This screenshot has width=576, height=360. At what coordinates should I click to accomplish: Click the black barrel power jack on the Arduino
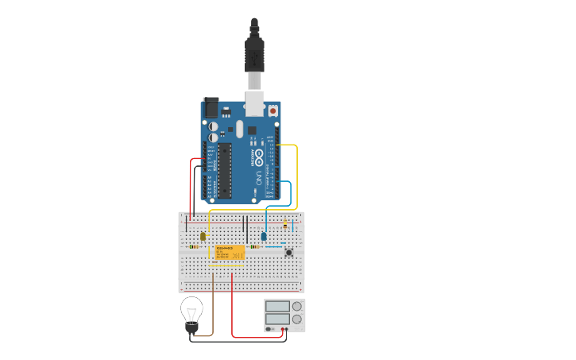[x=211, y=106]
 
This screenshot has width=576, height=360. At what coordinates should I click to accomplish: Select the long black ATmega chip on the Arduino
[x=224, y=170]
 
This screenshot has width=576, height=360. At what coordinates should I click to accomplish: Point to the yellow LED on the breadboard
[x=203, y=236]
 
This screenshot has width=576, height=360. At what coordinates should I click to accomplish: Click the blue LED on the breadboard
[x=264, y=236]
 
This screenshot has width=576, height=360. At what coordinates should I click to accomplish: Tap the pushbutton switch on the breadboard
[x=289, y=253]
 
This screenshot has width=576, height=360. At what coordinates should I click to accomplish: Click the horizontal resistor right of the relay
[x=254, y=246]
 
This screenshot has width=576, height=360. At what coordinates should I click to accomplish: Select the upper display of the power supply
[x=277, y=306]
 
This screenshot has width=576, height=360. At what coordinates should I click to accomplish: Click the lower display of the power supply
[x=277, y=319]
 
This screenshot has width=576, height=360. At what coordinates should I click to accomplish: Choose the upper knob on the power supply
[x=297, y=306]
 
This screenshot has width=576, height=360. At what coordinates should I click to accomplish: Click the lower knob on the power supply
[x=297, y=319]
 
